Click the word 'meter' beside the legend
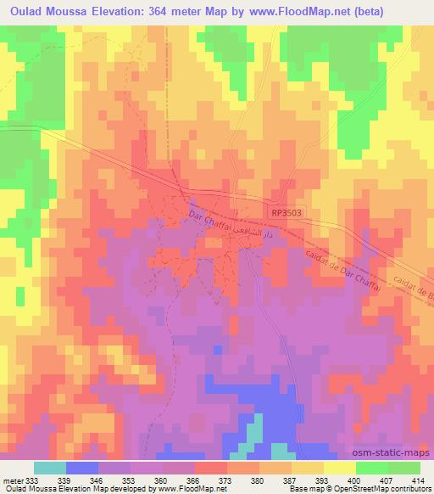click(12, 480)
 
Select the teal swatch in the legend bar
click(50, 468)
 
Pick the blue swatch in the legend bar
click(82, 468)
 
